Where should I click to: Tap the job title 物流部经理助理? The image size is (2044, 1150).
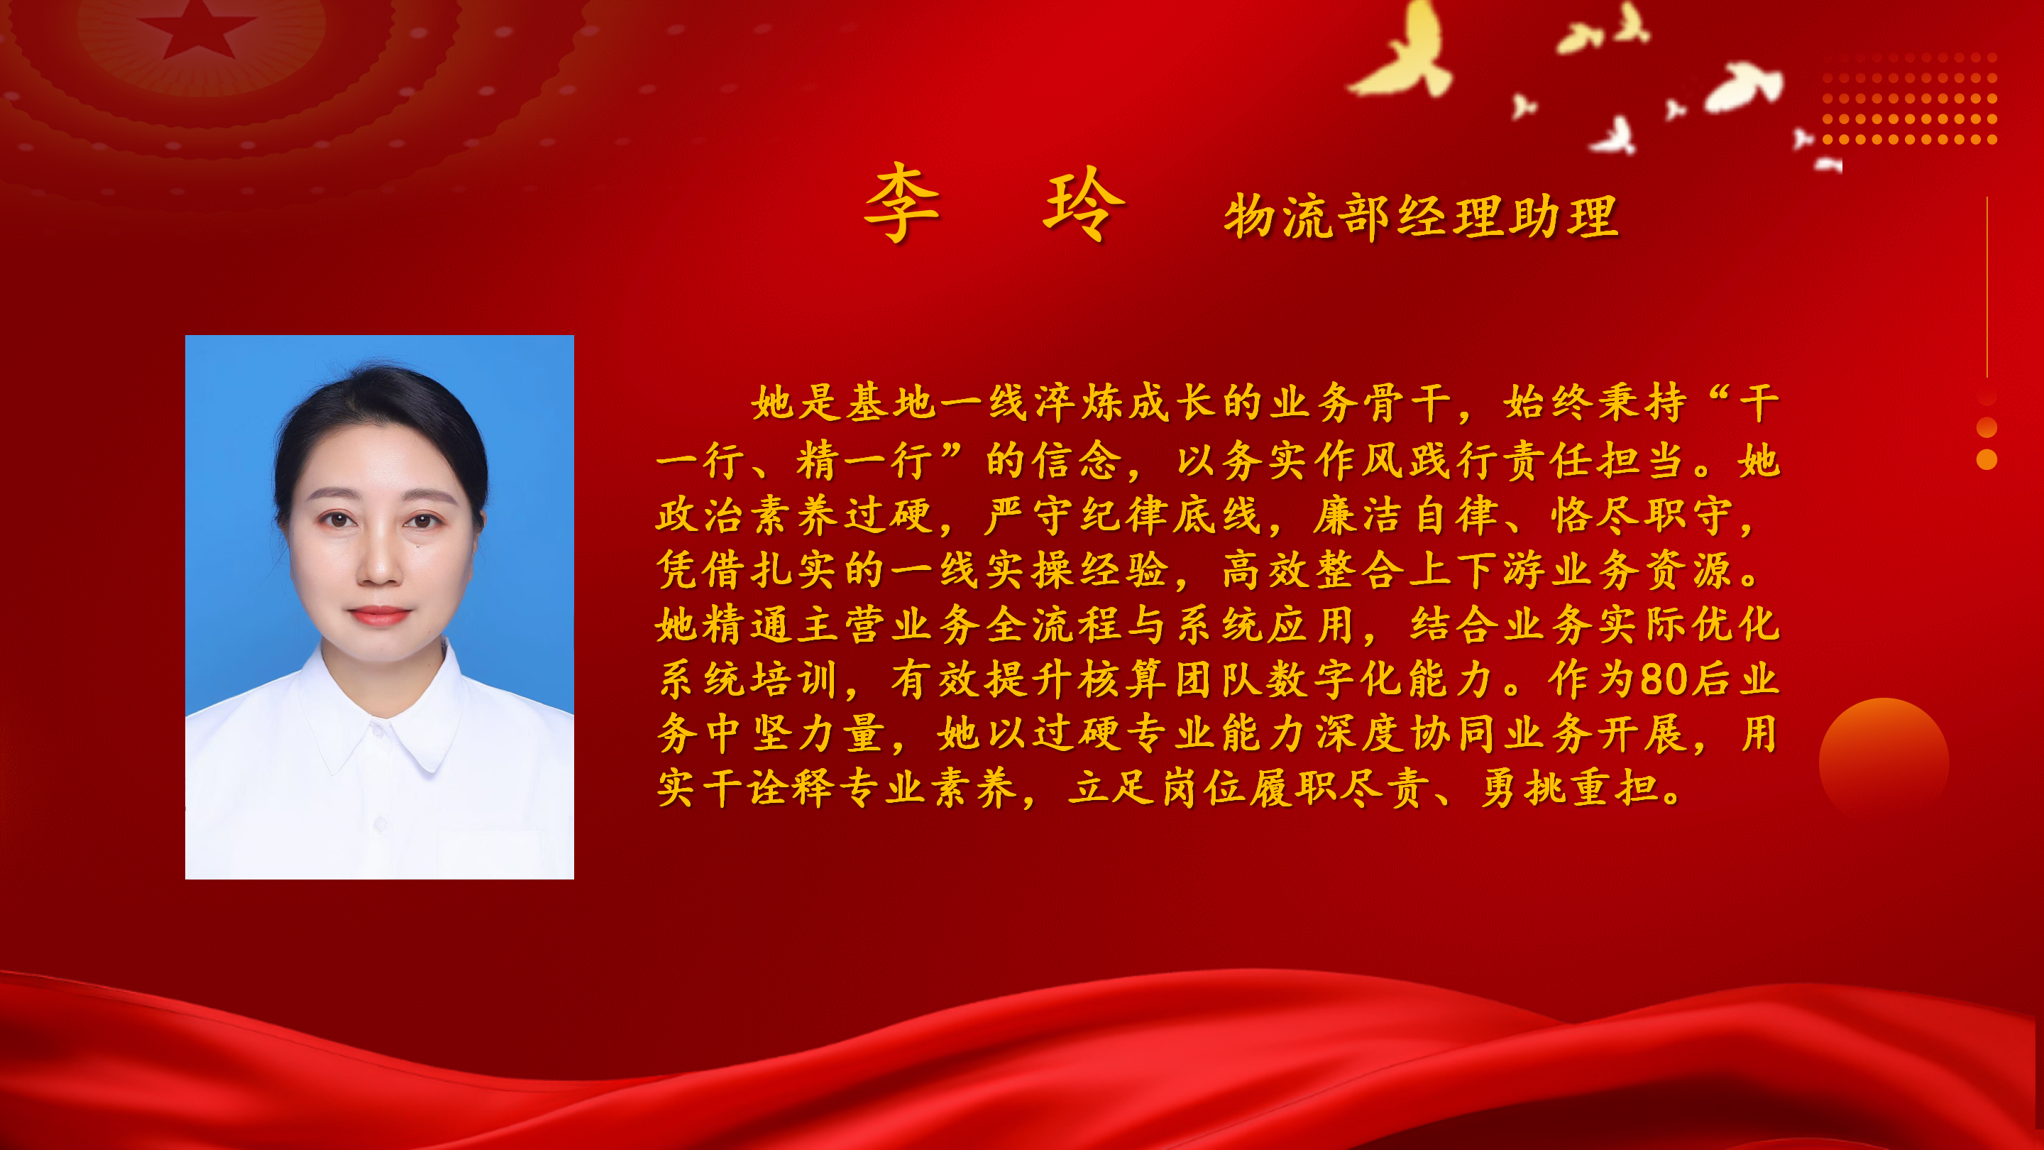tap(1420, 216)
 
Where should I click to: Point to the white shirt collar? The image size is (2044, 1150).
tap(379, 714)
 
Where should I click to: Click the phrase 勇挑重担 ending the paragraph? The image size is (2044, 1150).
tap(1569, 789)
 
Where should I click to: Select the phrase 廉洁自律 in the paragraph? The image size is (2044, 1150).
tap(1405, 516)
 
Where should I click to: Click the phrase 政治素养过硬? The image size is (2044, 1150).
tap(793, 516)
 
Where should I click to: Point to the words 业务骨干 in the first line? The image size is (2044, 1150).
tap(1360, 403)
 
